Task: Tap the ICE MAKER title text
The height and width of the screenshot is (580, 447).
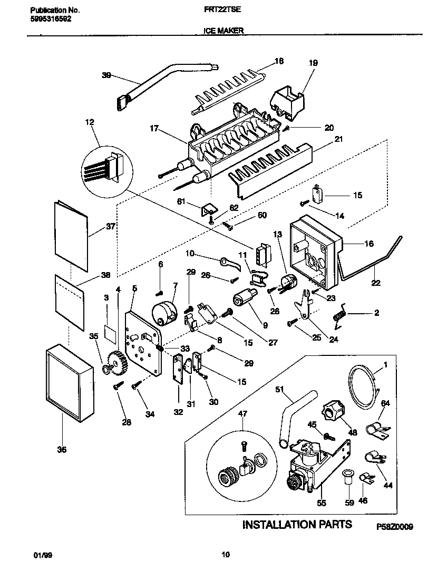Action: coord(223,31)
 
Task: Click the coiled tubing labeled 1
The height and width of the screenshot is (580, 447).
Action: coord(364,388)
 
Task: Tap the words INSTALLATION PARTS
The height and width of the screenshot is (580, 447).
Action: coord(297,525)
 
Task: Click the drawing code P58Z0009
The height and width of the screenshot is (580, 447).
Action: coord(395,526)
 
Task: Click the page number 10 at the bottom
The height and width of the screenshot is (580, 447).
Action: coord(226,554)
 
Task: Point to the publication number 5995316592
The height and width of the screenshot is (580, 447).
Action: coord(49,18)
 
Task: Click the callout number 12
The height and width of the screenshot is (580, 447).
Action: coord(89,122)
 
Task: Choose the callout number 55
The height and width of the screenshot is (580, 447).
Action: coord(321,503)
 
